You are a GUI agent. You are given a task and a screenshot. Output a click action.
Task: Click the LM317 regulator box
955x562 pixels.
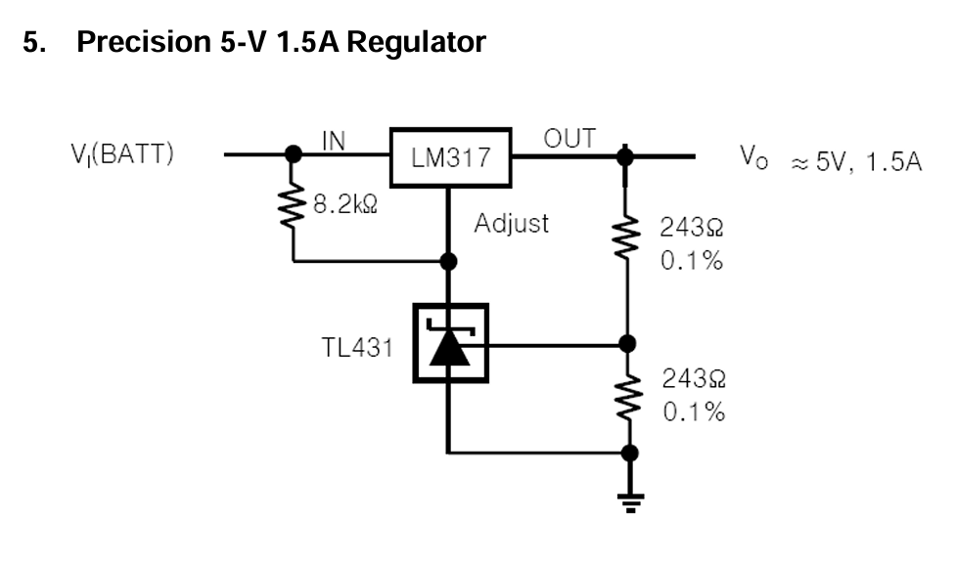coord(449,156)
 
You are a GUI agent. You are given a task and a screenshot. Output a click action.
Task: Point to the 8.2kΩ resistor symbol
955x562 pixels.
coord(292,207)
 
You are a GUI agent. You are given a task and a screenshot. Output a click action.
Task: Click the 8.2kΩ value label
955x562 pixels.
coord(344,206)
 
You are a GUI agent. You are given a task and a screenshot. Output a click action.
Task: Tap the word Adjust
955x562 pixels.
coord(511,224)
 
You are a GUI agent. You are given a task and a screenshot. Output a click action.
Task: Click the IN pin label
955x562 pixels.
coord(334,141)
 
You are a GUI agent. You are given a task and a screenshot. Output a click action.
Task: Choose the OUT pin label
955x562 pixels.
coord(568,139)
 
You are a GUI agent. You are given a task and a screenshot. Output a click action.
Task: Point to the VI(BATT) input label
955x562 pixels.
coord(122,155)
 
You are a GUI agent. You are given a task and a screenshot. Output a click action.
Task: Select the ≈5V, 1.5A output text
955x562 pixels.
coord(856,160)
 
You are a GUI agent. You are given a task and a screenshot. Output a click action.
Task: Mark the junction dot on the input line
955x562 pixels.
coord(292,154)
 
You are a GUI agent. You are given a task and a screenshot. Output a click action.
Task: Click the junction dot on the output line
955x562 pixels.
coord(627,154)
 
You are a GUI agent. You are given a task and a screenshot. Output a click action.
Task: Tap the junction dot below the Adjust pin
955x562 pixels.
coord(449,262)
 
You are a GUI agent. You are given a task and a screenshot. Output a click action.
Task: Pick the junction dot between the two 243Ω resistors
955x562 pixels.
coord(628,343)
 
